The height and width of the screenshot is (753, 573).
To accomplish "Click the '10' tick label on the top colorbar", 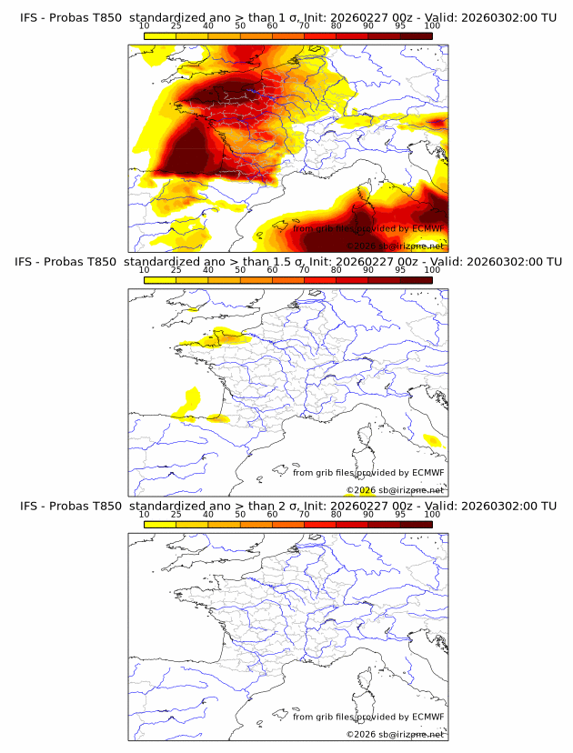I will (145, 26).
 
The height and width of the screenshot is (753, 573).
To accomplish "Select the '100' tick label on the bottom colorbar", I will (431, 514).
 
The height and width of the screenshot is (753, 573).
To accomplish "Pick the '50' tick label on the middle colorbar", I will (240, 270).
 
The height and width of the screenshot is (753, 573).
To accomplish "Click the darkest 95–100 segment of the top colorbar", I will (416, 35).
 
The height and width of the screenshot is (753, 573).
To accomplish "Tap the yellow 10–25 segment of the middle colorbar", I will (160, 279).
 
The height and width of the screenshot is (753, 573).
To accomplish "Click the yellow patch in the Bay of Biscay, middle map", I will (191, 397).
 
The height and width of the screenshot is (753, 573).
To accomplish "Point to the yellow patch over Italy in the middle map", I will (432, 441).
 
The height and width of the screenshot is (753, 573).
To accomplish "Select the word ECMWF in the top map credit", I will (427, 228).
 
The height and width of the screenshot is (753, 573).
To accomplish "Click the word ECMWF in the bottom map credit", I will (427, 717).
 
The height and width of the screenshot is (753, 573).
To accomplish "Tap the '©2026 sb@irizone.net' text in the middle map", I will (395, 490).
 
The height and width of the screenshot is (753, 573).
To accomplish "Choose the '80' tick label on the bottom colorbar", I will (337, 514).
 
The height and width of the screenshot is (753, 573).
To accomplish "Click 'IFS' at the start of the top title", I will (30, 18).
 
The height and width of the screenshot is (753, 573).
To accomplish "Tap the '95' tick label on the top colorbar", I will (400, 26).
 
